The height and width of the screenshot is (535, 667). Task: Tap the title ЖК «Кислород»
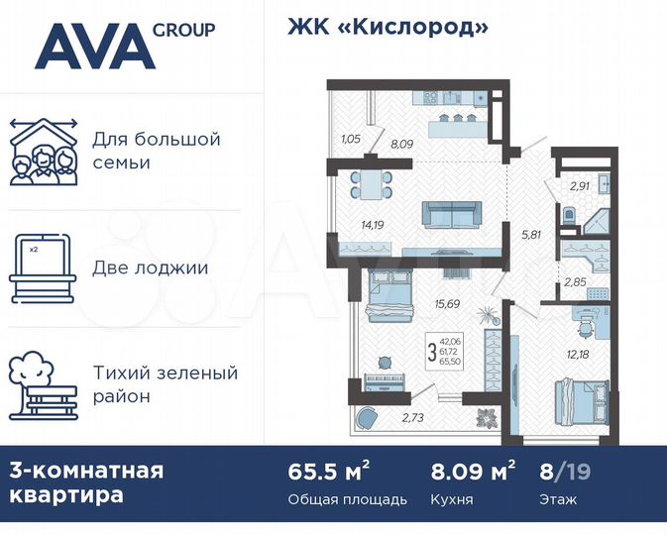(x=389, y=27)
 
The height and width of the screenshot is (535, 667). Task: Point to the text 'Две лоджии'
(x=150, y=267)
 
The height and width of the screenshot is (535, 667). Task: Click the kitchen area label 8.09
(x=401, y=145)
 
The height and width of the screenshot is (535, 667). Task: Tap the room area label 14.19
(x=373, y=225)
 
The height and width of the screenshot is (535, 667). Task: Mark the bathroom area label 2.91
(x=580, y=184)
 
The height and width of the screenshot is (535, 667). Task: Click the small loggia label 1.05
(x=350, y=139)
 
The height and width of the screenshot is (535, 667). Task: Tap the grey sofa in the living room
(x=450, y=215)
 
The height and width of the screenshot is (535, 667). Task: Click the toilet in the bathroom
(x=568, y=216)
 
